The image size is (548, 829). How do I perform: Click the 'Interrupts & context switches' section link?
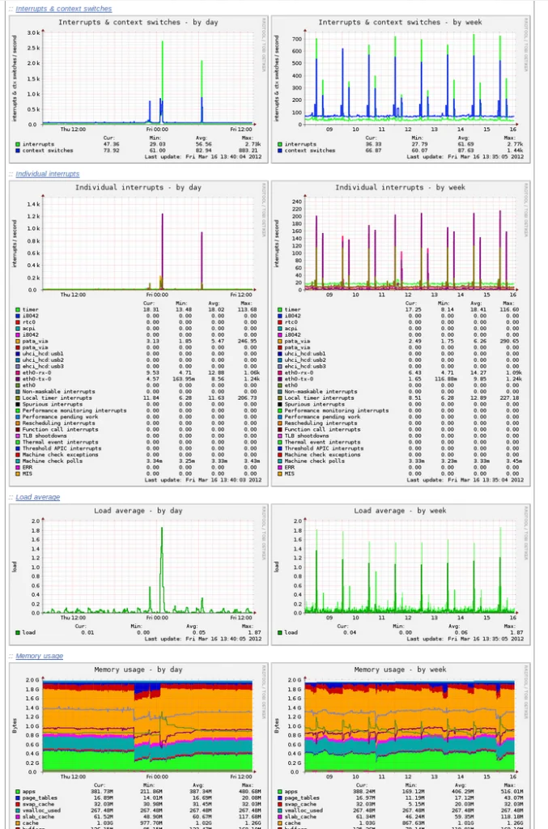pyautogui.click(x=64, y=9)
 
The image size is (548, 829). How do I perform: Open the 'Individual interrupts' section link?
pyautogui.click(x=48, y=174)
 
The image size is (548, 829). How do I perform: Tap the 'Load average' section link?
pyautogui.click(x=38, y=497)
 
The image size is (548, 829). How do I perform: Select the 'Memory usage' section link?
pyautogui.click(x=39, y=656)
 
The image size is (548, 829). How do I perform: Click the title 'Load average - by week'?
pyautogui.click(x=400, y=511)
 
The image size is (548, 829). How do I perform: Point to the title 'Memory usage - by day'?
pyautogui.click(x=138, y=670)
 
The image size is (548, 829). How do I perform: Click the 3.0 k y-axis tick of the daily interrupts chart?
pyautogui.click(x=32, y=33)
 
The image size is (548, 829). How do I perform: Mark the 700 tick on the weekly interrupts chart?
pyautogui.click(x=296, y=39)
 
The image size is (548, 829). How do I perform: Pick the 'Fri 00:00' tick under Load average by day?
pyautogui.click(x=157, y=617)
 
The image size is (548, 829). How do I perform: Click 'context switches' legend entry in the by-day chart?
pyautogui.click(x=47, y=151)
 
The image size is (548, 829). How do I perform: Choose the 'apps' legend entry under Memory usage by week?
pyautogui.click(x=291, y=792)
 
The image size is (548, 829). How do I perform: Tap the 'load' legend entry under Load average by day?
pyautogui.click(x=29, y=632)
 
